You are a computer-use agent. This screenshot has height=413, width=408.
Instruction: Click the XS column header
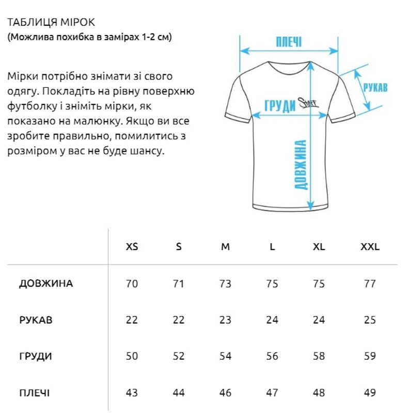pyautogui.click(x=132, y=247)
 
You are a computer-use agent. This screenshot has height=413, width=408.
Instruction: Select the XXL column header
pyautogui.click(x=369, y=247)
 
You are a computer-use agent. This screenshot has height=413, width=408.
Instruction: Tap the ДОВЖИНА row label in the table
pyautogui.click(x=46, y=283)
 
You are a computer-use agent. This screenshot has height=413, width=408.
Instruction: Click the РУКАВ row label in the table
pyautogui.click(x=36, y=320)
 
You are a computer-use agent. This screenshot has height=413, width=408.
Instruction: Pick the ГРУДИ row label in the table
pyautogui.click(x=35, y=357)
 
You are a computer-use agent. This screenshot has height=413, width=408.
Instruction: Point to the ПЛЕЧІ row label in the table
pyautogui.click(x=35, y=393)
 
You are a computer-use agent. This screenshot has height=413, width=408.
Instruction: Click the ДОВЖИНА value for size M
pyautogui.click(x=225, y=283)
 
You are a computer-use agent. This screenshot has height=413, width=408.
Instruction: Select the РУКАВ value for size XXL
pyautogui.click(x=369, y=320)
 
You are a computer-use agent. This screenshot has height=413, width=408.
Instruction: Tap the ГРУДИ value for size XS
pyautogui.click(x=132, y=357)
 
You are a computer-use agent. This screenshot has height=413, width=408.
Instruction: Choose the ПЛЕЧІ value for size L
pyautogui.click(x=272, y=393)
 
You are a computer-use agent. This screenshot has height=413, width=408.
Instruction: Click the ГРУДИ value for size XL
pyautogui.click(x=319, y=357)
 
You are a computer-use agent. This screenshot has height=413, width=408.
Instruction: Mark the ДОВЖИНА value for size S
pyautogui.click(x=179, y=283)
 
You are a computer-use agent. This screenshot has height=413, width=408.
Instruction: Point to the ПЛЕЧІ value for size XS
pyautogui.click(x=132, y=393)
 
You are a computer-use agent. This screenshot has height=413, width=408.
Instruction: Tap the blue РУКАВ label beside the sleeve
pyautogui.click(x=375, y=88)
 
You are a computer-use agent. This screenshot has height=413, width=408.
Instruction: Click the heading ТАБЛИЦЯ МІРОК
pyautogui.click(x=52, y=23)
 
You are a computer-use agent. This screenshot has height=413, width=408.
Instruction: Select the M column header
pyautogui.click(x=225, y=247)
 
